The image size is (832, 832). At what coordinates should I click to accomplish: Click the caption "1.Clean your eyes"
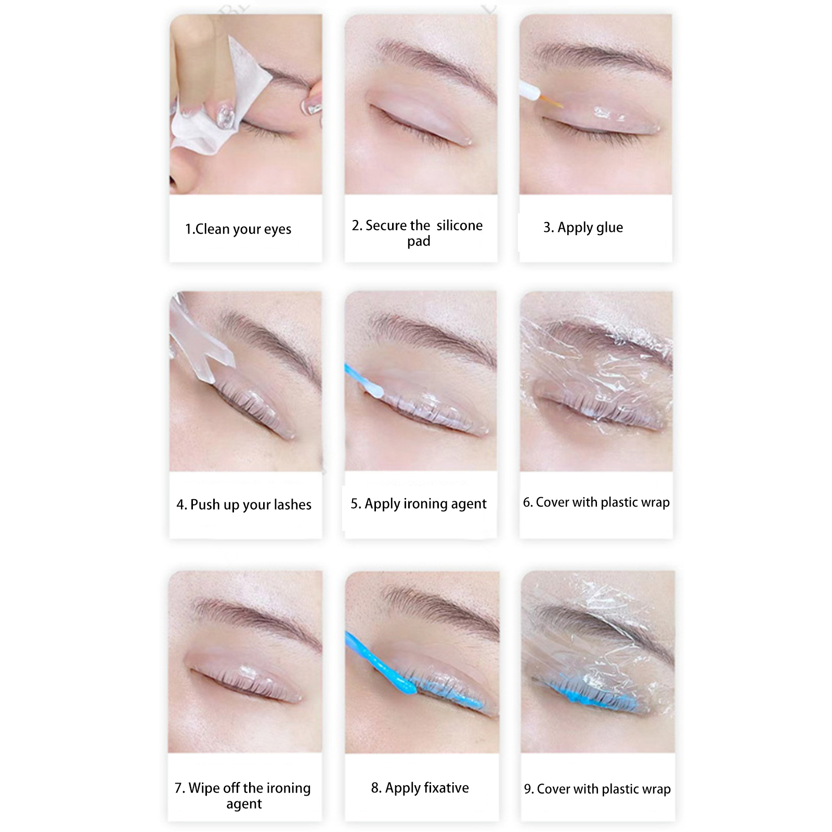[x=238, y=229]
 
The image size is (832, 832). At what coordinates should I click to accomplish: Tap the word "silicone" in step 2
[x=460, y=225]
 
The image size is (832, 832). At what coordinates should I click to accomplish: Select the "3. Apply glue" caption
[x=583, y=228]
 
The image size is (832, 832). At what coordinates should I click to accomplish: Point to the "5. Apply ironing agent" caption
[x=419, y=504]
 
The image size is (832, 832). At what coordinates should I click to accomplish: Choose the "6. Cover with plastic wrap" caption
[x=596, y=502]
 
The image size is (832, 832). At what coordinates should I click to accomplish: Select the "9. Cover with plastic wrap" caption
[x=597, y=789]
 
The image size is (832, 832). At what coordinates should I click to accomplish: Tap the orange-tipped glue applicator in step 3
[x=541, y=94]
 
